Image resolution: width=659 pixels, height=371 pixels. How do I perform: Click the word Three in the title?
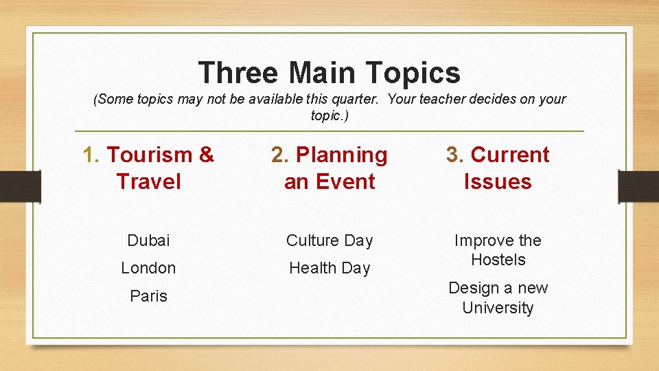[x=240, y=73]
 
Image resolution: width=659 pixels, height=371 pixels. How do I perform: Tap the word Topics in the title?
[x=413, y=73]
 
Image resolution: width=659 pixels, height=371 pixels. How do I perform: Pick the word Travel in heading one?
[x=148, y=182]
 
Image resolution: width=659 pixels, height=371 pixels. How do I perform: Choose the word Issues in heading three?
[x=498, y=182]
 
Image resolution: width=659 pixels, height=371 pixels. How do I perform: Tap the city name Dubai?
[x=148, y=241]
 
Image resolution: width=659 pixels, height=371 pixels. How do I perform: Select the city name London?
[x=148, y=269]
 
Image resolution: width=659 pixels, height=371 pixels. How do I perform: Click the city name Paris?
[x=148, y=296]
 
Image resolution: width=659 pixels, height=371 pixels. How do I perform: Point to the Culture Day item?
[x=329, y=241]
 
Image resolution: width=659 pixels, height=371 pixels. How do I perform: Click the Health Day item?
[x=329, y=269]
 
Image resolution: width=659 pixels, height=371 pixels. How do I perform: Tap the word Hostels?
[x=498, y=260]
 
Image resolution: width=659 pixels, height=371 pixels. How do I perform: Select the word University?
[x=498, y=308]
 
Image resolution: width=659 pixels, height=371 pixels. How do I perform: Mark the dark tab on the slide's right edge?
[x=638, y=186]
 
